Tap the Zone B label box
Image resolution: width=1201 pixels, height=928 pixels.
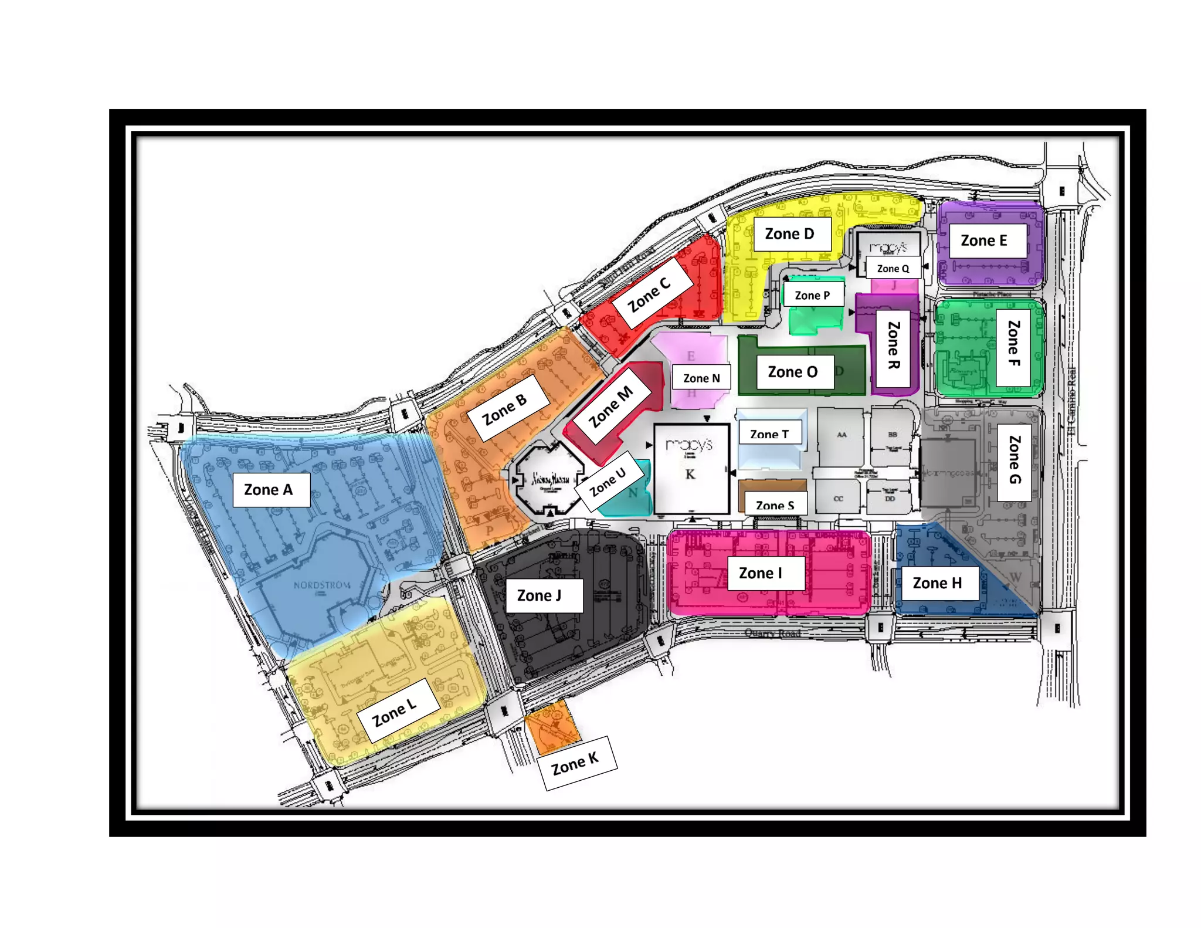click(508, 408)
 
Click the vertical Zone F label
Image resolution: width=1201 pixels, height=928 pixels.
click(1014, 346)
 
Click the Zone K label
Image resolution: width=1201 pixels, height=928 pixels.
click(576, 764)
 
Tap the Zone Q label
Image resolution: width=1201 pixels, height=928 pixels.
click(893, 268)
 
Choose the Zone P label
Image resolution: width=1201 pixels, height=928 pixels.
click(813, 295)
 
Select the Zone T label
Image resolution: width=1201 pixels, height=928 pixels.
click(769, 433)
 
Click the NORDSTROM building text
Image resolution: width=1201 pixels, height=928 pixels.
click(322, 585)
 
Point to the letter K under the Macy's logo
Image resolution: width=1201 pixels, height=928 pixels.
click(690, 474)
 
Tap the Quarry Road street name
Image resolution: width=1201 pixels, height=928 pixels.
click(772, 633)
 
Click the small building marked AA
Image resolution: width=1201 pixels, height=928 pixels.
click(842, 435)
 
